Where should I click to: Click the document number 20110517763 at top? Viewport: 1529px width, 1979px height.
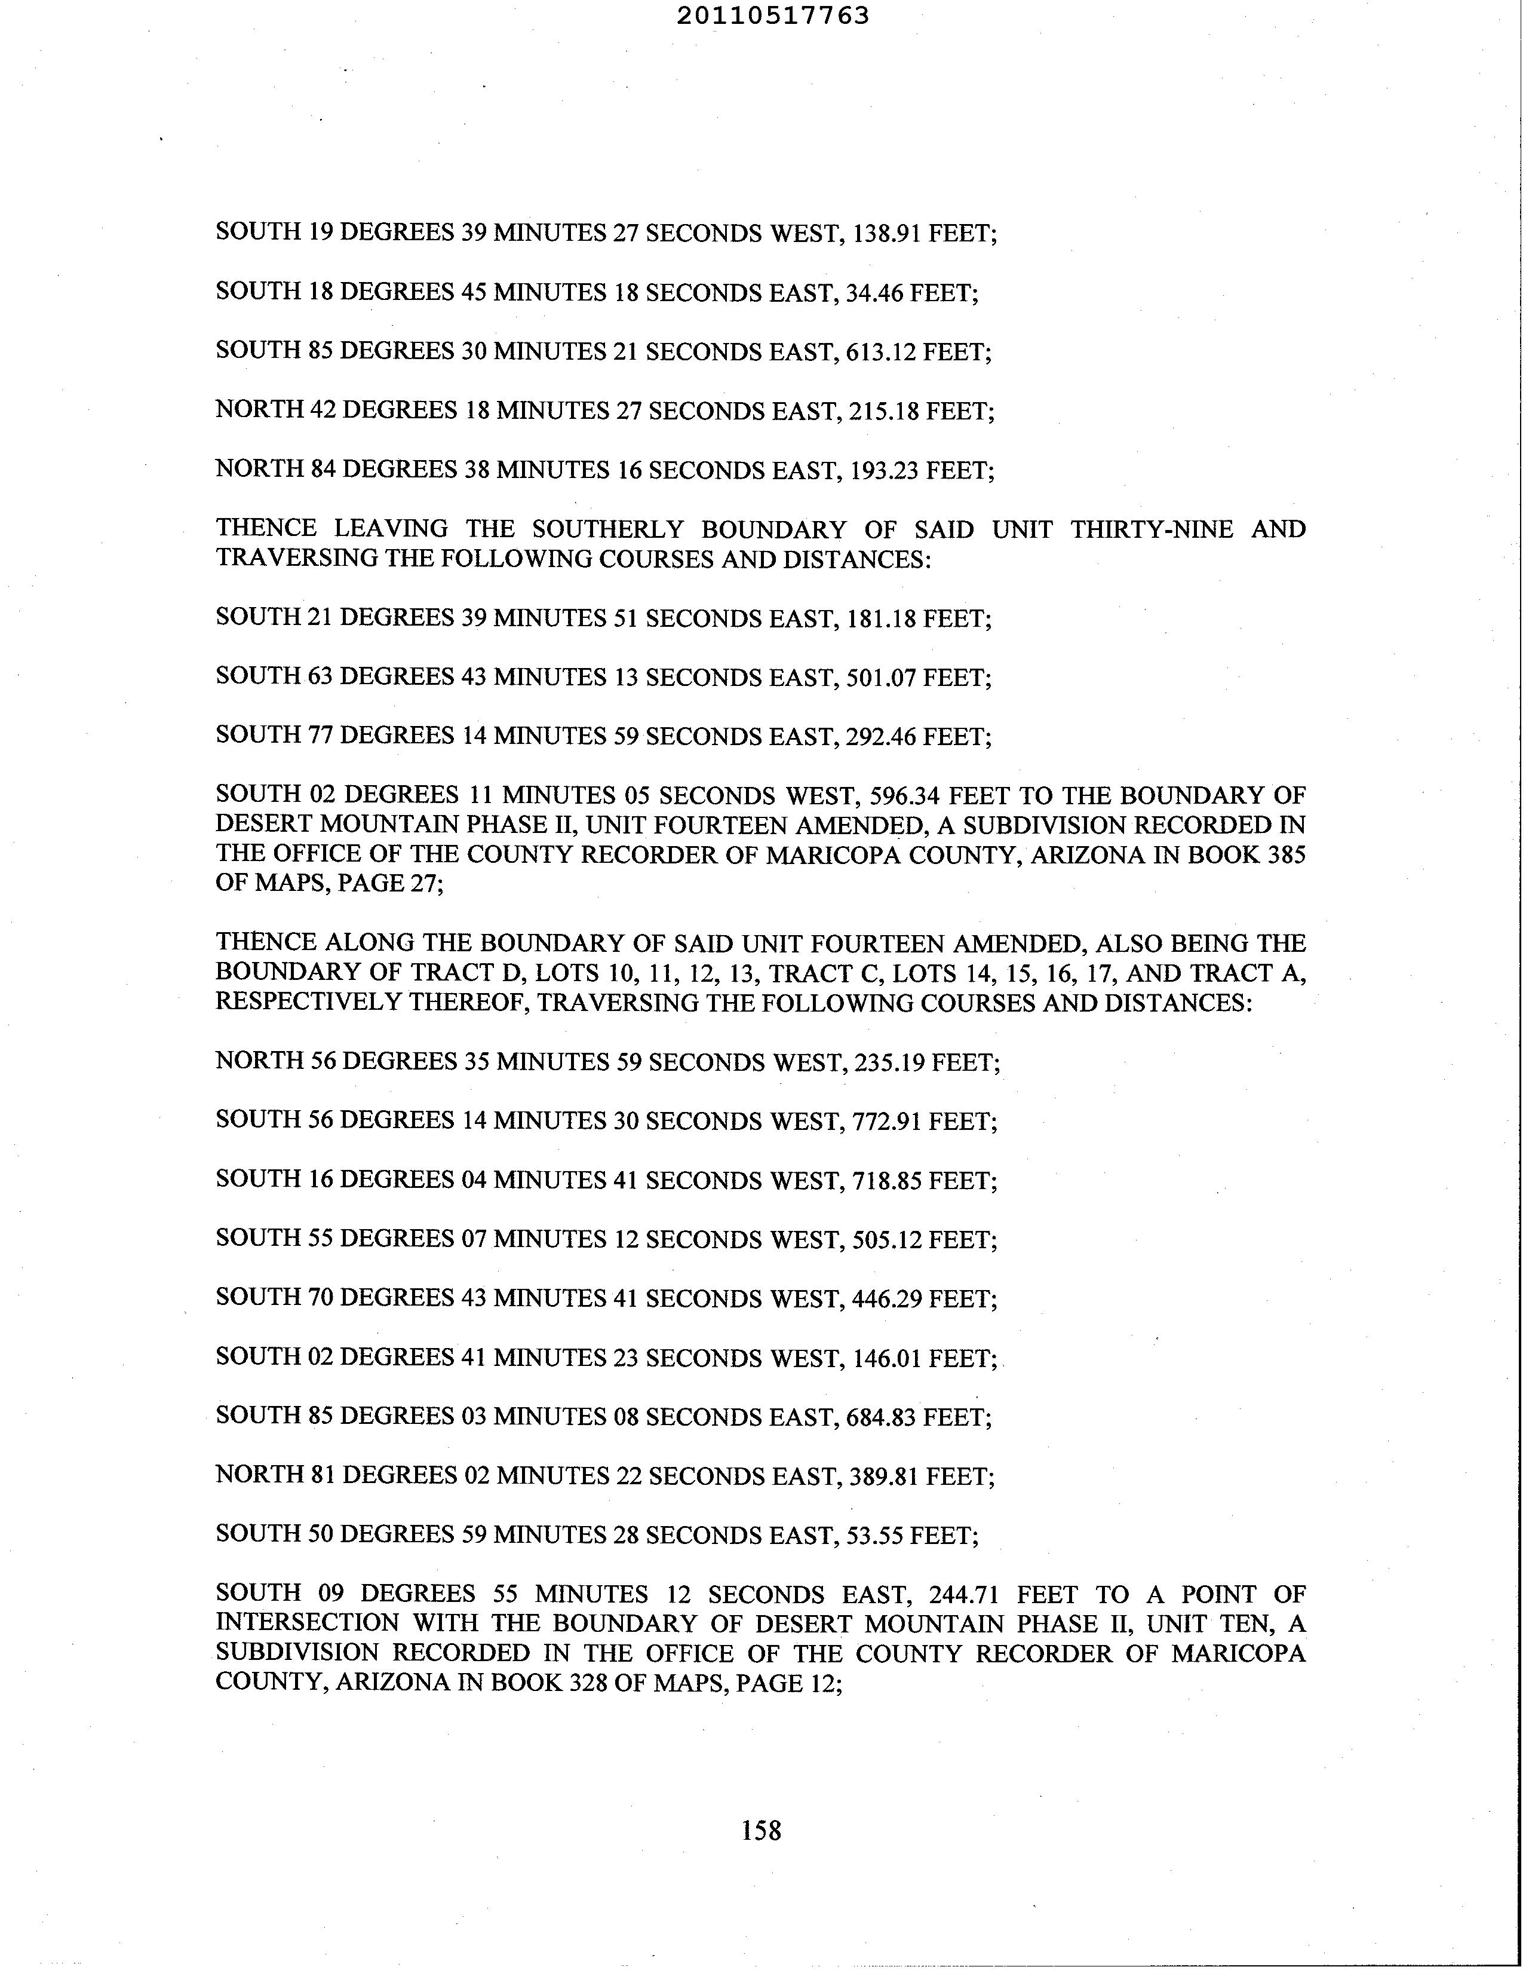pos(773,16)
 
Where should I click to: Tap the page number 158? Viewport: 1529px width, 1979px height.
pos(761,1830)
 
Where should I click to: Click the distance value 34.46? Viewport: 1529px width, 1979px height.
pos(874,293)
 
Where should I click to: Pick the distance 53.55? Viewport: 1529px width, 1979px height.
pos(874,1536)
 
